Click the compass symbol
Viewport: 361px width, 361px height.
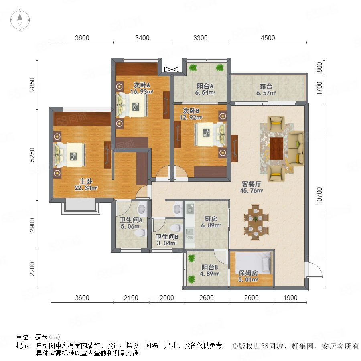[x=20, y=20]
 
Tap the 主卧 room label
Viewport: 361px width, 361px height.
[x=86, y=181]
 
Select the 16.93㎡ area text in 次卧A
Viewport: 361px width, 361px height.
[x=142, y=91]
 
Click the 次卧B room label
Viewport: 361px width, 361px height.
[x=191, y=111]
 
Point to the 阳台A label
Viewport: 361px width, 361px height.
[x=205, y=86]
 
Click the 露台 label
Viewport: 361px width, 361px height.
[x=266, y=87]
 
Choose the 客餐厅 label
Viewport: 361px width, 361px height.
[x=251, y=184]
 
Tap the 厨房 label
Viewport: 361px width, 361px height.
[x=211, y=219]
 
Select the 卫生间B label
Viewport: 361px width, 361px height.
[x=167, y=237]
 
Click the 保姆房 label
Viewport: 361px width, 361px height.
[x=248, y=273]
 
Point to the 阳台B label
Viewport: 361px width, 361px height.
[x=210, y=267]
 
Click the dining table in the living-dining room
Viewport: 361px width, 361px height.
[x=256, y=222]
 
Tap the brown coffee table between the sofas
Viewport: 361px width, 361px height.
[x=276, y=148]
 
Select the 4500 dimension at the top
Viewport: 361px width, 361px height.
[x=268, y=38]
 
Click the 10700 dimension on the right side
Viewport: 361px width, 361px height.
[x=319, y=195]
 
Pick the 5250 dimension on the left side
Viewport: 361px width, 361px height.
[x=32, y=155]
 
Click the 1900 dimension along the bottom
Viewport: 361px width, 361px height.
[x=290, y=298]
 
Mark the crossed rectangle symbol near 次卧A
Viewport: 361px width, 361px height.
[x=172, y=69]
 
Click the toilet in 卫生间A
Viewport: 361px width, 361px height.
[x=141, y=233]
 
